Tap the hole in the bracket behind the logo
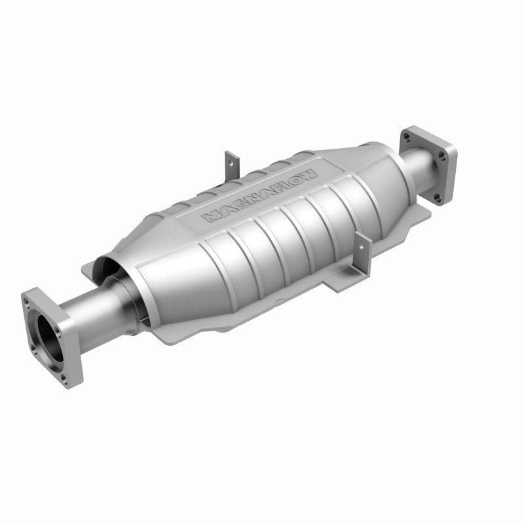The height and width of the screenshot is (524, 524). [231, 159]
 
